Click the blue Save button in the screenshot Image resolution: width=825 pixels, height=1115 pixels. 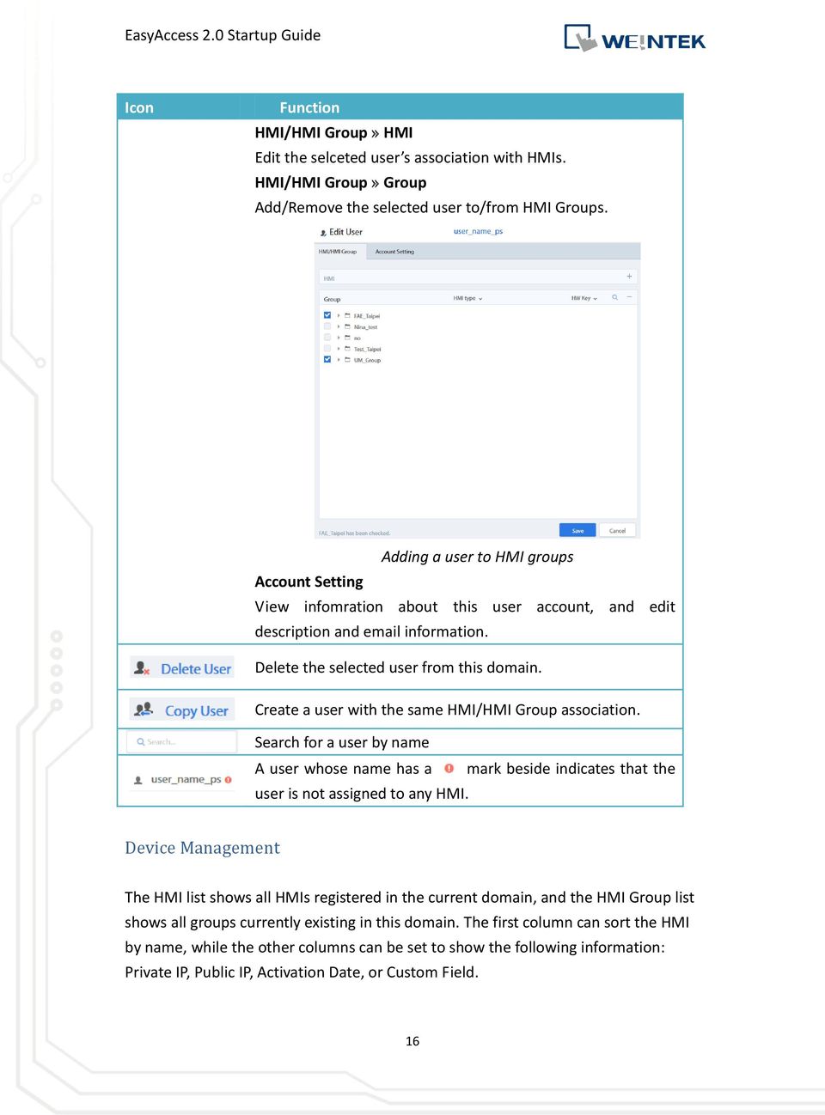577,530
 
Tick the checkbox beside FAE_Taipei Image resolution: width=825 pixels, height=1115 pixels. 327,315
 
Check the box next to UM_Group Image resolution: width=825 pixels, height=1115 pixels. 327,359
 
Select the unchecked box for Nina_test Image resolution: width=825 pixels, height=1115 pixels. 327,326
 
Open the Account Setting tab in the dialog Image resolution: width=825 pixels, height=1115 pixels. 394,252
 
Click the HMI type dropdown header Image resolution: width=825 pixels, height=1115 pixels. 467,298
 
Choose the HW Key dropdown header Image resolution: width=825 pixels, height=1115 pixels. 584,298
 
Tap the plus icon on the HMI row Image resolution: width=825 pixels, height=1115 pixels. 629,277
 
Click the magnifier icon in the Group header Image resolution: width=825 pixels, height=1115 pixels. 614,297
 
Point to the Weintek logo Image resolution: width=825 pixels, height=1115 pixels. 634,39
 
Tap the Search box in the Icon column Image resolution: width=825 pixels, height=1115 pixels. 182,741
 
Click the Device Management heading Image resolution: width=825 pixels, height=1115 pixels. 202,848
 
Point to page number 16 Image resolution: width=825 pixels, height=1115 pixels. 412,1041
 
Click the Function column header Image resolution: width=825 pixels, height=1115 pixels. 309,107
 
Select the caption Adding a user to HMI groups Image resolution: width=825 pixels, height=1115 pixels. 477,557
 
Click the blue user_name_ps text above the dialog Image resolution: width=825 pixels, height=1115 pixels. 478,231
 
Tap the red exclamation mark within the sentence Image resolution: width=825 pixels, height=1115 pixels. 449,768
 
